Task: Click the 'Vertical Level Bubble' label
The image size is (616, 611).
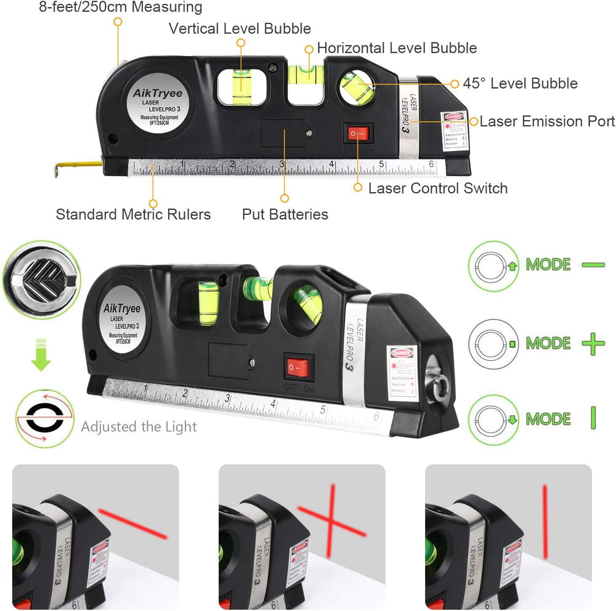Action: coord(240,28)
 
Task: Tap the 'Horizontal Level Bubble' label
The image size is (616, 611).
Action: coord(397,48)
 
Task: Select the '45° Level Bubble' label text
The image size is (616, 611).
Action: coord(521,84)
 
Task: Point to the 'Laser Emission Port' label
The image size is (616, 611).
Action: coord(547,121)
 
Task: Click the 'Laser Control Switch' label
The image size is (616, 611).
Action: coord(437,188)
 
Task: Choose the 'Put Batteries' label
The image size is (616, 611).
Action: coord(285,214)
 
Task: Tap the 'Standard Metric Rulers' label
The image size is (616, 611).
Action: coord(133,214)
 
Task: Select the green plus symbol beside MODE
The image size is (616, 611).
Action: coord(593,343)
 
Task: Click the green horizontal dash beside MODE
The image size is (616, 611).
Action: coord(593,265)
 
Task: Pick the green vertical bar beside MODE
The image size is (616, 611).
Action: coord(593,418)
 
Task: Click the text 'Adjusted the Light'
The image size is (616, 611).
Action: coord(139,427)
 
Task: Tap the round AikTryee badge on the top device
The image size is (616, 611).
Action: coord(158,104)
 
